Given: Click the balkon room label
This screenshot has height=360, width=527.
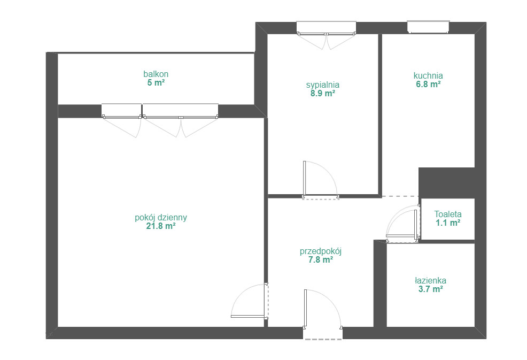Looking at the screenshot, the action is coord(156,74).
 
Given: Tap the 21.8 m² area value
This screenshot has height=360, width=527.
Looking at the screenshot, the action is coord(161,226).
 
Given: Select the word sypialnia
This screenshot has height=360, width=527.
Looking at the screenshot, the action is coord(323,85).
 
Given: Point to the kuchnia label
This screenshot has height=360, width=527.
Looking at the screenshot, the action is coord(428,75).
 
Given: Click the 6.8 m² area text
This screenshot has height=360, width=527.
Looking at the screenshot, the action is coord(428,84).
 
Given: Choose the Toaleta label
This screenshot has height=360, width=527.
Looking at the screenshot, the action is coord(448,214).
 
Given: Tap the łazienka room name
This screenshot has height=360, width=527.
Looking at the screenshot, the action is coord(430,280).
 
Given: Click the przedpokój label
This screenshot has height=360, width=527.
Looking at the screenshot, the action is coord(321,251).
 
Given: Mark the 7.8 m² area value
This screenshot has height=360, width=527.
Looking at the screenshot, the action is coord(321,260).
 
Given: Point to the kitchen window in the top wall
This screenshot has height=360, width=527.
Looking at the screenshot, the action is coord(428,27).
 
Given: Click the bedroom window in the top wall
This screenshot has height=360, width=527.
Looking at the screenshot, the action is coord(326,28).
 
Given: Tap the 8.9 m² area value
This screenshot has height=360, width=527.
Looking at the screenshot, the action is coord(323,94).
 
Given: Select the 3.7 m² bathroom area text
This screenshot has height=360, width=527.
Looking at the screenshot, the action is coord(430,289).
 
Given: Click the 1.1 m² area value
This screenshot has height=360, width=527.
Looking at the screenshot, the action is coord(448,223).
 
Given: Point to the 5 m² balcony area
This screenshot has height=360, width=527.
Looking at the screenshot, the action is coord(156,82).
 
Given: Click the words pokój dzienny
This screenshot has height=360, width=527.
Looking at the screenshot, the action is coord(161,218).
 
